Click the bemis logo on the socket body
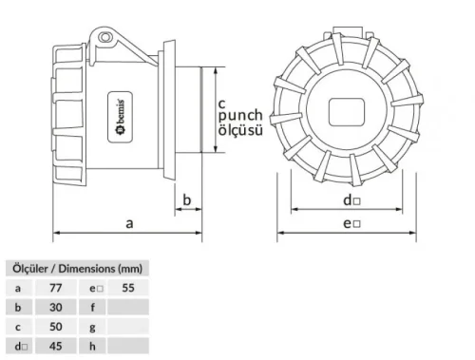point(121,117)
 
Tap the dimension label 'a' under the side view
point(129,223)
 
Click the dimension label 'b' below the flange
point(187,200)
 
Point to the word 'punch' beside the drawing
point(240,116)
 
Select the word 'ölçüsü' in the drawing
point(240,130)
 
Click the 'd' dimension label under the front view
point(351,200)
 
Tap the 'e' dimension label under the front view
point(351,223)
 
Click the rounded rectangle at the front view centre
point(347,112)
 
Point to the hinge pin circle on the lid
point(105,37)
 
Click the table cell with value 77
point(56,288)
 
